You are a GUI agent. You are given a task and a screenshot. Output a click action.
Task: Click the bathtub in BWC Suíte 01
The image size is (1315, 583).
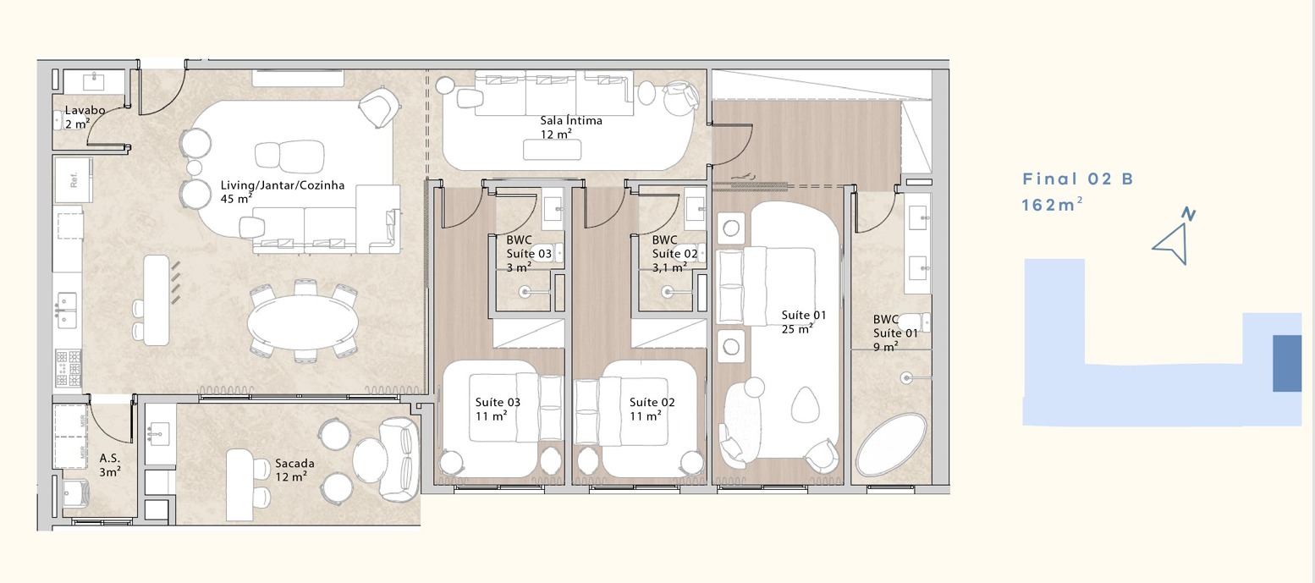(891, 444)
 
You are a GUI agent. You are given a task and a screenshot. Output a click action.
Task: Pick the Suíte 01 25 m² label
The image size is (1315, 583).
(804, 322)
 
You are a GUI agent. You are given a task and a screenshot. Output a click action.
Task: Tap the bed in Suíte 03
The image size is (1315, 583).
(515, 408)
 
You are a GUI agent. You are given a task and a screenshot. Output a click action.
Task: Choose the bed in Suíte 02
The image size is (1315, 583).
(621, 411)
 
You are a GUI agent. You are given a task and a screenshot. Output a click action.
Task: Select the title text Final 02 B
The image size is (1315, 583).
(1078, 179)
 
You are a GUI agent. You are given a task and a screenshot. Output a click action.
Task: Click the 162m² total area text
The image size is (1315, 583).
(1052, 204)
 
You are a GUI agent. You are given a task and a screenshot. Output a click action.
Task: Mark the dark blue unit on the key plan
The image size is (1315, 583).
(1287, 363)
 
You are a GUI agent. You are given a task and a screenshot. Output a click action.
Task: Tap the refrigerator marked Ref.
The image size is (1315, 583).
(74, 179)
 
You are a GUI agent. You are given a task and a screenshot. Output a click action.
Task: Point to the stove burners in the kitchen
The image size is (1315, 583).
(68, 368)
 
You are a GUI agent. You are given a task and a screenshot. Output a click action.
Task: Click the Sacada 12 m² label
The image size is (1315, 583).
(294, 470)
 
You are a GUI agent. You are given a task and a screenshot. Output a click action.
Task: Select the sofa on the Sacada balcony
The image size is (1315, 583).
(399, 459)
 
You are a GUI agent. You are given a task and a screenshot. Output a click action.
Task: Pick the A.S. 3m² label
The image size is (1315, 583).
(110, 465)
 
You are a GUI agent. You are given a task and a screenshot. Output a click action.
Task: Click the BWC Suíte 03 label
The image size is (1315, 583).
(529, 254)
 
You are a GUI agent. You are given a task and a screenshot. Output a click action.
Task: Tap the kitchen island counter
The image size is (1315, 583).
(157, 300)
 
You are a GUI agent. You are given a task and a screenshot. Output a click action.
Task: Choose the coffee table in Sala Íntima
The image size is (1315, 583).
(552, 150)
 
